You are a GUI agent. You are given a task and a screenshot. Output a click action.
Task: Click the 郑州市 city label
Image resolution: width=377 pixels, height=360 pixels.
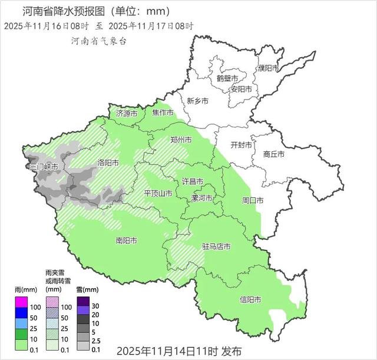pos(181,140)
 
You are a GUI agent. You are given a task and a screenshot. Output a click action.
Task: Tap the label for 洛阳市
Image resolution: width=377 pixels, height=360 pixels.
pos(108,162)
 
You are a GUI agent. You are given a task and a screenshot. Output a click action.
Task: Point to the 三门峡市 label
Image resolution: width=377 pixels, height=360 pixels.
pos(44,167)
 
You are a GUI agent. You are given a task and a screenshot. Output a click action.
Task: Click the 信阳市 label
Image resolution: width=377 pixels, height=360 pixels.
pos(251,299)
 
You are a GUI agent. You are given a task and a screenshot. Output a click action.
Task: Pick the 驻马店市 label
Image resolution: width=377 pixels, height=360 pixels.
pos(216,246)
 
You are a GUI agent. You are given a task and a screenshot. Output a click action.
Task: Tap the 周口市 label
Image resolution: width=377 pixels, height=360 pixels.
pos(253,200)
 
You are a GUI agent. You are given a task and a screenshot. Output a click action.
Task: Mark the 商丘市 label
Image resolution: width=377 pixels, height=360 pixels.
pos(274,154)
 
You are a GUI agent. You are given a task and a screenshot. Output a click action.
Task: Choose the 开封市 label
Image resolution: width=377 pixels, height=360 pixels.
pos(241,145)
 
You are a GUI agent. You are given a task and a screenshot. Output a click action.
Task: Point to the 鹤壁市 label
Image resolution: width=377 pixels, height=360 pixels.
pos(227,78)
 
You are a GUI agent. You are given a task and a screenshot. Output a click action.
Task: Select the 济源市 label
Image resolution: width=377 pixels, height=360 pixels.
pos(127,113)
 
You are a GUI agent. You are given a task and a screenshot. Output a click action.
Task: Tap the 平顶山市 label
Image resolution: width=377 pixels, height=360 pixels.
pos(158,193)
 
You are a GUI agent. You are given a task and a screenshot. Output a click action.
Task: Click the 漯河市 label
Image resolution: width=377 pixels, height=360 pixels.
pos(203,199)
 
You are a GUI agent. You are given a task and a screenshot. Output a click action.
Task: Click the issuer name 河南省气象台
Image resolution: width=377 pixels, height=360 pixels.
pos(98,41)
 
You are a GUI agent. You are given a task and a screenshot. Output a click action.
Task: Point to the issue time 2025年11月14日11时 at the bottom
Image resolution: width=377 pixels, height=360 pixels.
pos(168,351)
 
